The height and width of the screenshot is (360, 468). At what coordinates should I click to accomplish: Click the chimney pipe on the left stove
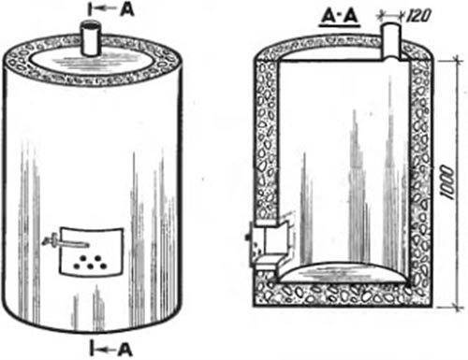(x=91, y=38)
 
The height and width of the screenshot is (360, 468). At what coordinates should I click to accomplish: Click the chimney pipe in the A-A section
(x=390, y=41)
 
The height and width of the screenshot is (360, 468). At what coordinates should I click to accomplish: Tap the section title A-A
(x=340, y=18)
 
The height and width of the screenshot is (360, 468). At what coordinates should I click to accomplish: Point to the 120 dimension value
(x=418, y=15)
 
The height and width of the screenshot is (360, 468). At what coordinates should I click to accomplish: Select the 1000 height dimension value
(x=447, y=182)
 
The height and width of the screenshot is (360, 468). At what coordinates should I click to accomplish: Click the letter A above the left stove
(x=127, y=9)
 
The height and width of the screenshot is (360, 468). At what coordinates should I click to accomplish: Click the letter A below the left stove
(x=125, y=349)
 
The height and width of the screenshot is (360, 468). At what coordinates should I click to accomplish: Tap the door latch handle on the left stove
(x=64, y=241)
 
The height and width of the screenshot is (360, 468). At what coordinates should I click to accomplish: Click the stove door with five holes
(x=91, y=252)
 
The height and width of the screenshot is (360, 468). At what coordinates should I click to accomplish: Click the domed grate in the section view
(x=344, y=273)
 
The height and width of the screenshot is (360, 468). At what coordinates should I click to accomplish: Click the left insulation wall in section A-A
(x=266, y=140)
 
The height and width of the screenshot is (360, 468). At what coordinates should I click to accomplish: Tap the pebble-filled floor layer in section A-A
(x=344, y=294)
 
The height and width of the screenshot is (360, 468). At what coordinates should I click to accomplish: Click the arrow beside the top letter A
(x=106, y=9)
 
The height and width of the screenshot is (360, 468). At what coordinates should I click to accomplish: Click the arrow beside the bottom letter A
(x=106, y=350)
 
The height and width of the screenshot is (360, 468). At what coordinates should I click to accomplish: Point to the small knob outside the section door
(x=248, y=238)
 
